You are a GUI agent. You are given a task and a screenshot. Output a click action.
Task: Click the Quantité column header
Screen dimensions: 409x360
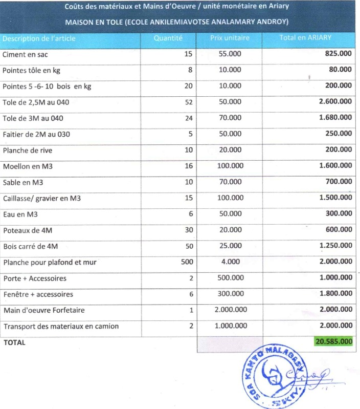(x=168, y=38)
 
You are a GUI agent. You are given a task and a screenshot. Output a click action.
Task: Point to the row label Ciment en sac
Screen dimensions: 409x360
(x=25, y=54)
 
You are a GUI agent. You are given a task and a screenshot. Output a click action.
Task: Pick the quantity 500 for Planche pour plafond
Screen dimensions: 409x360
(x=186, y=262)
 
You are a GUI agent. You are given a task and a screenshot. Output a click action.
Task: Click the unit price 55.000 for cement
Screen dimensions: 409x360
(x=230, y=54)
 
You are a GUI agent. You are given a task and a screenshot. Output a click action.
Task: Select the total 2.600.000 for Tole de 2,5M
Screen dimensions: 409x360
(x=335, y=102)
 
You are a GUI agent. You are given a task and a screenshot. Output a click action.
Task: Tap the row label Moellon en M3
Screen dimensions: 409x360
(x=28, y=166)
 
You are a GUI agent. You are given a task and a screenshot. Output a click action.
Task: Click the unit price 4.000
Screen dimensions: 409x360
(x=230, y=262)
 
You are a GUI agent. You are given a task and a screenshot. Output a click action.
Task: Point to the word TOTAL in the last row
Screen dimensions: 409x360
(x=14, y=342)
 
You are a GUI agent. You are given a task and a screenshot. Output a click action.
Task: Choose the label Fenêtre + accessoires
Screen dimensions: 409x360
(x=38, y=294)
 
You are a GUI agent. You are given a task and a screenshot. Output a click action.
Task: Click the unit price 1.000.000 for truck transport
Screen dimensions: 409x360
(x=231, y=326)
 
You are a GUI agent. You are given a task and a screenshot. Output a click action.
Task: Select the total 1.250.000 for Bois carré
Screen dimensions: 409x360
(x=335, y=246)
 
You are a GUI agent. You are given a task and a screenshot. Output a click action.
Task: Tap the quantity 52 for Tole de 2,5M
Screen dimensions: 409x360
(x=189, y=102)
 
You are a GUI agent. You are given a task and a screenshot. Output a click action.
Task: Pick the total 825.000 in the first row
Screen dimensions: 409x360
(x=338, y=54)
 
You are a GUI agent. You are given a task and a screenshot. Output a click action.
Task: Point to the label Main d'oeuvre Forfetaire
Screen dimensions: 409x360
(x=43, y=310)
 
